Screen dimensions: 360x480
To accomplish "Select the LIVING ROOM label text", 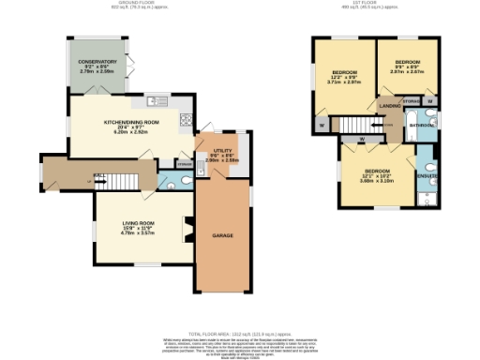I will (138, 222).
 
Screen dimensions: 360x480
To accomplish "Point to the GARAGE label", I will (222, 234).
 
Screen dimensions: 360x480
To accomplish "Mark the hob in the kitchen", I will (186, 119).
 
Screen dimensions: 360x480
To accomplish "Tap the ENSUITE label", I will (426, 175).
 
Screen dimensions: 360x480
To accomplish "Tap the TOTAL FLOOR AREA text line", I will (239, 334).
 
